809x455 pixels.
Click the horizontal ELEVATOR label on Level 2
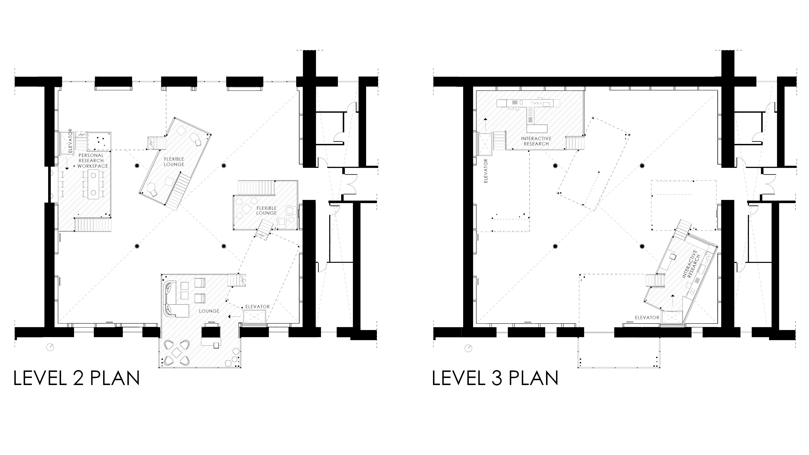[257, 307]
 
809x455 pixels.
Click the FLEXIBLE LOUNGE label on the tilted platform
[174, 162]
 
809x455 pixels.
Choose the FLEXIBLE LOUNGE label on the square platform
[266, 210]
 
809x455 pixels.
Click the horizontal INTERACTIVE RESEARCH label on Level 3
[536, 141]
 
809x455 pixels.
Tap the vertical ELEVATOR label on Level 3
[486, 171]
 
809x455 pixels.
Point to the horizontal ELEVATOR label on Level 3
[647, 317]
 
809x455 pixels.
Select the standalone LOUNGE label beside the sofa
[209, 311]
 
